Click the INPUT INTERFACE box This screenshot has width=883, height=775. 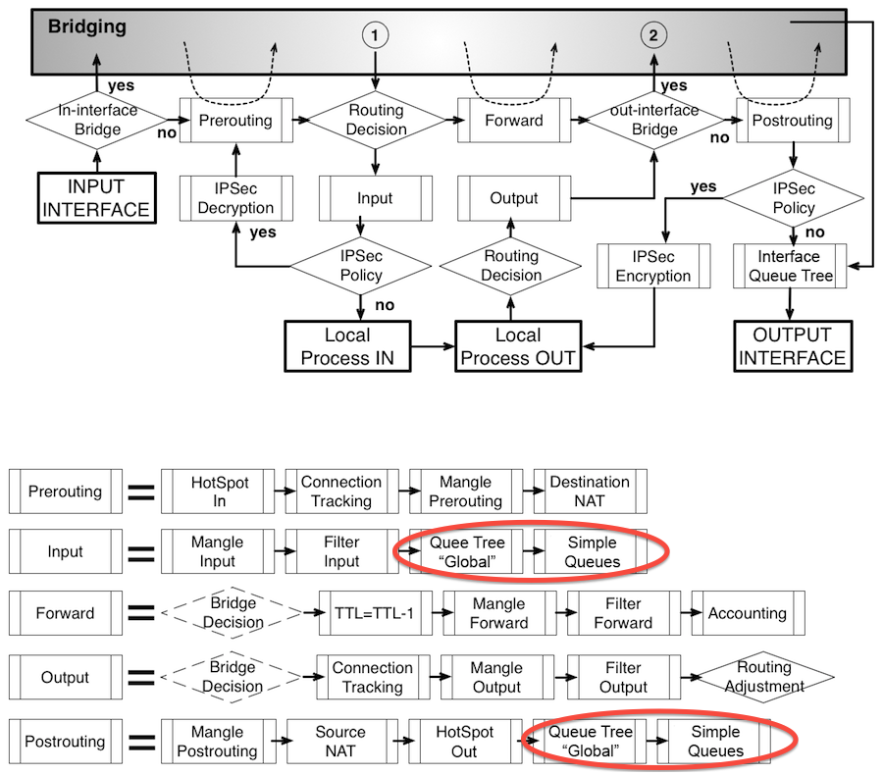click(96, 197)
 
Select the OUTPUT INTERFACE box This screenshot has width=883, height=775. click(792, 346)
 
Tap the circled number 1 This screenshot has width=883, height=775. click(375, 35)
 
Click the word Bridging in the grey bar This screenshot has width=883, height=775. click(87, 27)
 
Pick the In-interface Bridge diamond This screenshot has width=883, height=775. click(97, 121)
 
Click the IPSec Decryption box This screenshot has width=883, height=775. click(235, 197)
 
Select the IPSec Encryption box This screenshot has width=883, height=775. click(653, 266)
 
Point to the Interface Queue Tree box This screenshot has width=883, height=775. click(792, 266)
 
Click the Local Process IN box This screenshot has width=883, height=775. click(347, 346)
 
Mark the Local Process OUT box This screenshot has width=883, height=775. click(518, 346)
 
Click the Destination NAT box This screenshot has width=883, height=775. click(590, 491)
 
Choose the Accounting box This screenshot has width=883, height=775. click(748, 613)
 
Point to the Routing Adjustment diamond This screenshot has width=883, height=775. click(763, 678)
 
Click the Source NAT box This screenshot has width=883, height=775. click(339, 742)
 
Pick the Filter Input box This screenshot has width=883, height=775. click(341, 551)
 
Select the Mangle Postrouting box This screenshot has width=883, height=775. click(217, 742)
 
